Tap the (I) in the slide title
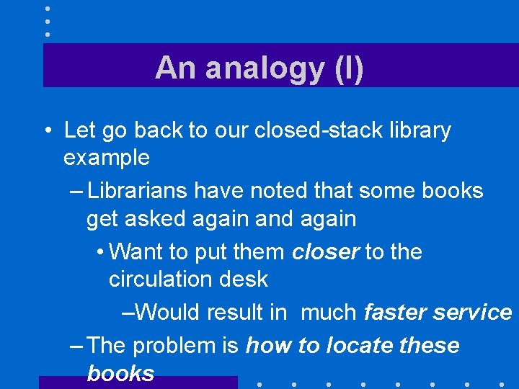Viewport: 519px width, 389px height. [x=348, y=68]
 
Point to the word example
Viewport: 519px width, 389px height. [x=107, y=157]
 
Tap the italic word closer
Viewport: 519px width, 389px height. [x=326, y=252]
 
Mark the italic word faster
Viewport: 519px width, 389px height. [x=394, y=313]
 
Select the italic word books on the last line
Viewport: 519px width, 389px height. [x=120, y=373]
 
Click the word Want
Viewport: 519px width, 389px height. [x=136, y=252]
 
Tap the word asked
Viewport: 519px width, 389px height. [x=156, y=218]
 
